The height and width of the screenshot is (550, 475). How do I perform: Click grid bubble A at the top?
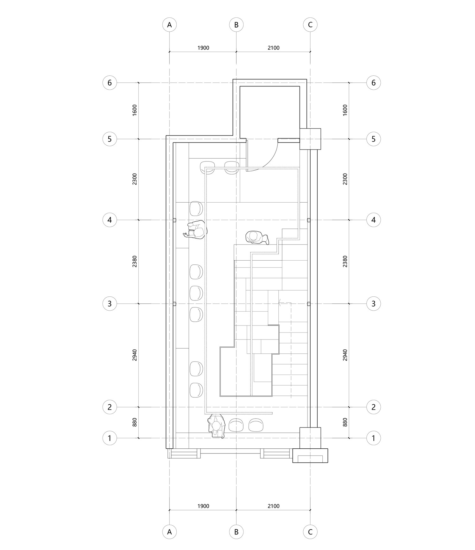[x=169, y=25]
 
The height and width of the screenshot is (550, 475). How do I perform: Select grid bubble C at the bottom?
[x=310, y=532]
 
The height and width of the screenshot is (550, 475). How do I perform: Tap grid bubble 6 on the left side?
[x=110, y=83]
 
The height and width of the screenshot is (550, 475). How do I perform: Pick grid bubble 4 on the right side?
[x=373, y=220]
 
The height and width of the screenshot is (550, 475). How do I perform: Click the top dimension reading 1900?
[x=203, y=48]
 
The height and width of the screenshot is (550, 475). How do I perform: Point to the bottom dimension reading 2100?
[x=273, y=506]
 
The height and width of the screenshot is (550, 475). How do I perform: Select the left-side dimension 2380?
[x=135, y=262]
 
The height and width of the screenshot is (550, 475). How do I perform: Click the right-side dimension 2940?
[x=345, y=355]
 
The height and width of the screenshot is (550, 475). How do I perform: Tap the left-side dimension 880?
[x=135, y=422]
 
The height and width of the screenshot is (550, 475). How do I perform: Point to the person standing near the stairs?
[x=257, y=237]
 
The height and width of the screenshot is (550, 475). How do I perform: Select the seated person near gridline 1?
[x=217, y=426]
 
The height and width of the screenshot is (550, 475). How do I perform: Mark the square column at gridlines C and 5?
[x=310, y=139]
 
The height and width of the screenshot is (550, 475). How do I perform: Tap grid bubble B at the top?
[x=236, y=25]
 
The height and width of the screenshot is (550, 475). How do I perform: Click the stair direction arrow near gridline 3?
[x=280, y=303]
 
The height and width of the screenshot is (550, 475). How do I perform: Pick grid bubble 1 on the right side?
[x=373, y=438]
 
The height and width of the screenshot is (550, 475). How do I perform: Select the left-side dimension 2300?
[x=135, y=179]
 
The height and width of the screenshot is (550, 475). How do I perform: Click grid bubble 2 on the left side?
[x=110, y=407]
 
